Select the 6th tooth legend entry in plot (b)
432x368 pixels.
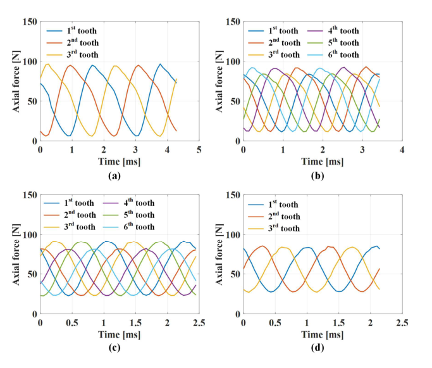[x=340, y=55]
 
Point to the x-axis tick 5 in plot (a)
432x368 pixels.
[x=199, y=149]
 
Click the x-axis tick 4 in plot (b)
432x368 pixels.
[x=402, y=149]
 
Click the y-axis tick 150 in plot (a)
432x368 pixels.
[x=30, y=22]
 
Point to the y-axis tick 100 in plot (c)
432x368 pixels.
[x=30, y=236]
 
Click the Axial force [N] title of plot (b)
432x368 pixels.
[x=220, y=81]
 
